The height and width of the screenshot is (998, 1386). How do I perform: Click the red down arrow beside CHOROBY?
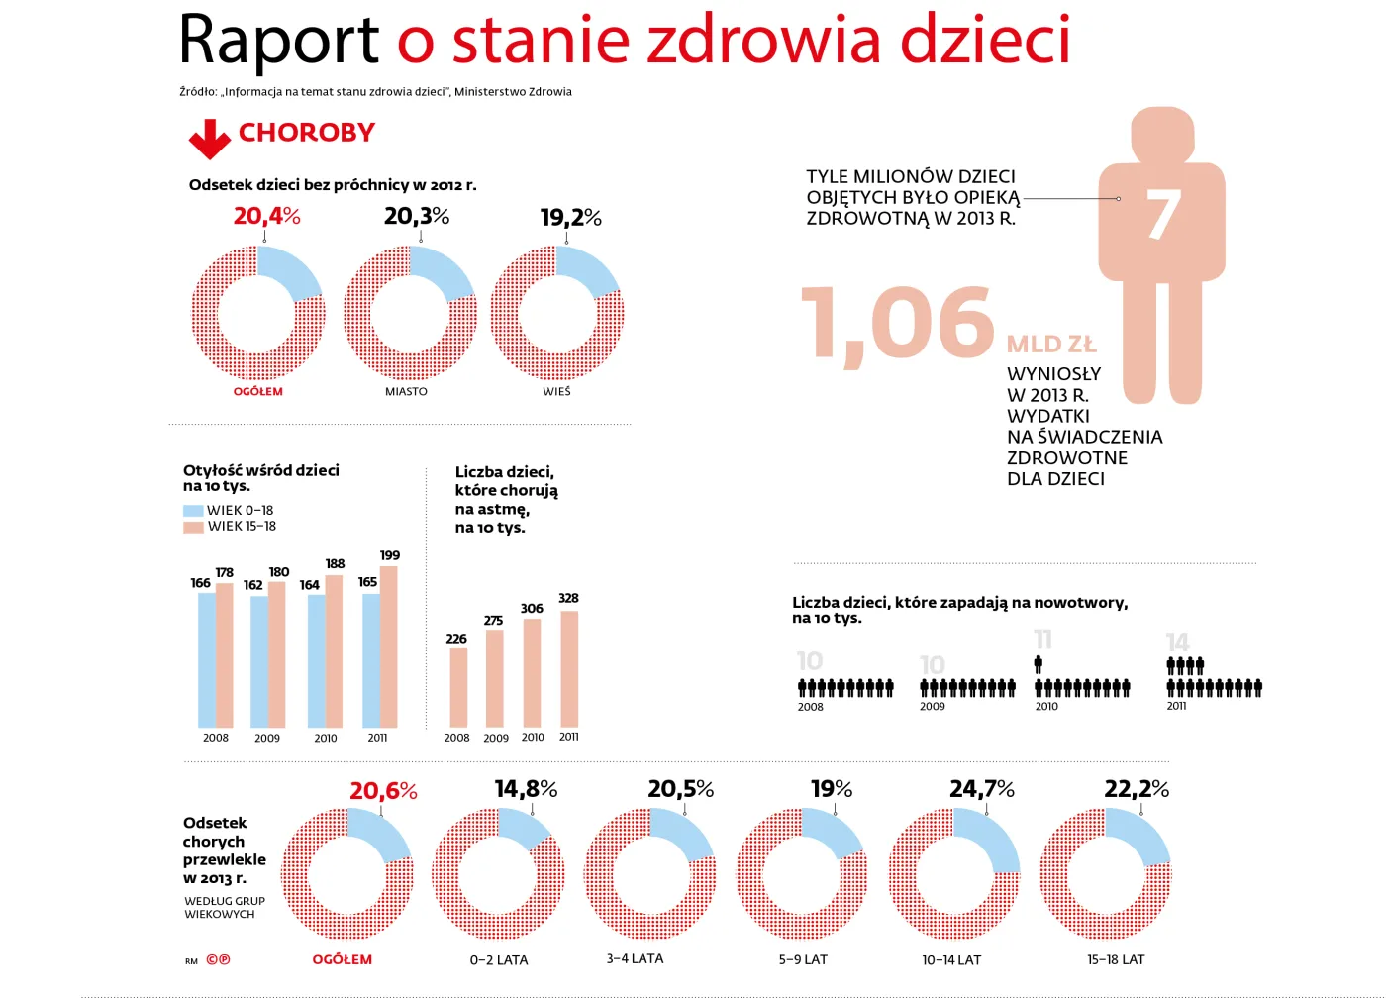(x=209, y=139)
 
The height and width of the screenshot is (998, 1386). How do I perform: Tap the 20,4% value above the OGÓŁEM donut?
(x=266, y=216)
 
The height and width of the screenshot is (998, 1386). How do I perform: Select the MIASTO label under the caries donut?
(x=406, y=392)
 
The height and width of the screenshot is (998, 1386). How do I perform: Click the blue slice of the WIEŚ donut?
(x=586, y=269)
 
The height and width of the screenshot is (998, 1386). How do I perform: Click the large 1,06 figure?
(x=896, y=324)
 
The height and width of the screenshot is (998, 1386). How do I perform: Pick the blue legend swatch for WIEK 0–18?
(x=193, y=511)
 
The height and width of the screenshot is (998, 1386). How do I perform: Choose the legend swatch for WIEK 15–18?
(x=193, y=527)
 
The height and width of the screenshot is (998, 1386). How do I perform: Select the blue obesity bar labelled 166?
(x=206, y=659)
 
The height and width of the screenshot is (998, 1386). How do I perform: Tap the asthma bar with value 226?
(x=458, y=687)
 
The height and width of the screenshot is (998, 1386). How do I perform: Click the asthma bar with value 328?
(x=569, y=669)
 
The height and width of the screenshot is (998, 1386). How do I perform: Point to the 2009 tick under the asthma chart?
(x=496, y=739)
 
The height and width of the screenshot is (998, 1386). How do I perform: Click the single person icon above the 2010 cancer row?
(x=1039, y=664)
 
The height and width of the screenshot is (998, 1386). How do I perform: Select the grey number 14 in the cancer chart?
(x=1177, y=643)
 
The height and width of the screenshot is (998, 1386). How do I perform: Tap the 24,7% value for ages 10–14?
(x=981, y=789)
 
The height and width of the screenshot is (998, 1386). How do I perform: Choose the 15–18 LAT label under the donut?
(x=1116, y=960)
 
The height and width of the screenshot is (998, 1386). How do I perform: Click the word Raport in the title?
(x=278, y=42)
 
